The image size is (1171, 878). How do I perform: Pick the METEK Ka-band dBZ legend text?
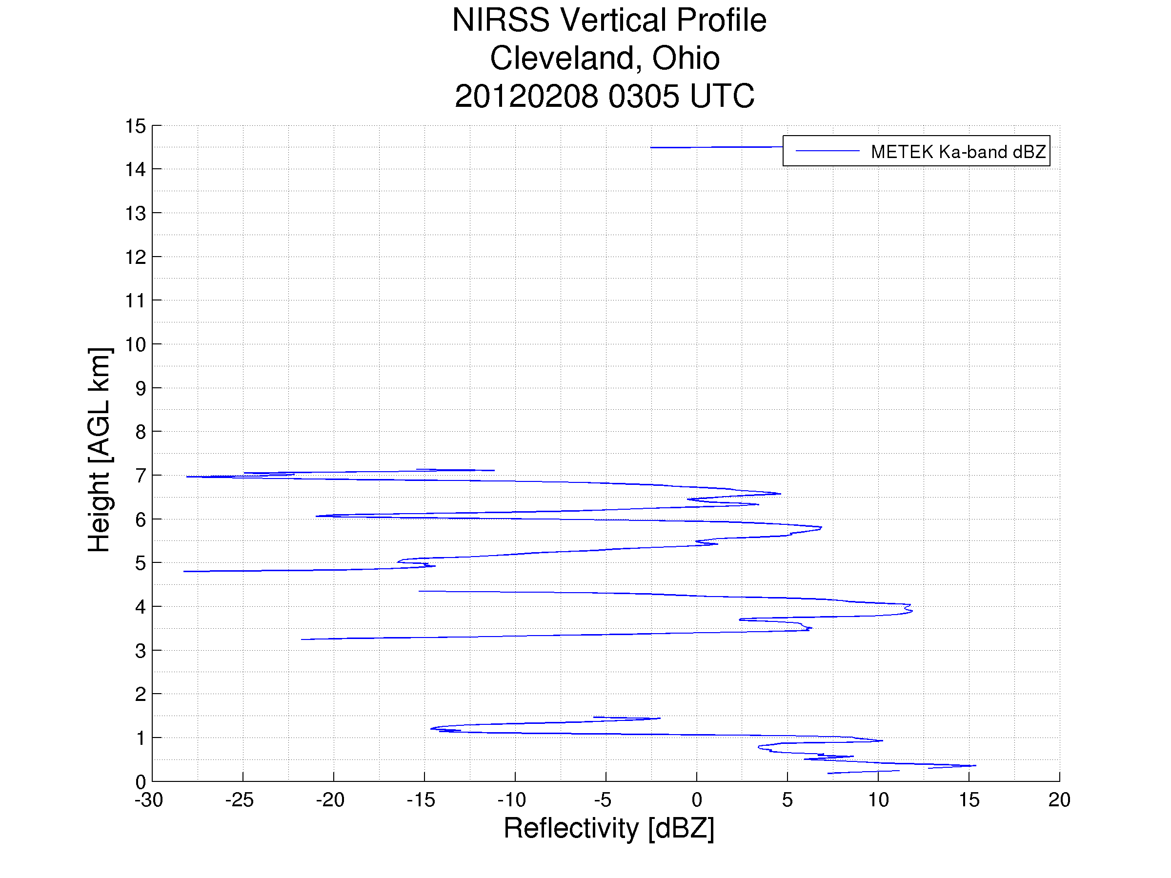958,152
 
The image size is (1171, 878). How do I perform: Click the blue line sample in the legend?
827,151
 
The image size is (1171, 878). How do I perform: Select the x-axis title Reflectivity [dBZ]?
609,828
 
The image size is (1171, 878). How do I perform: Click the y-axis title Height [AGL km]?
99,450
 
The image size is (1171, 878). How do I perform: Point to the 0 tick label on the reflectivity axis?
697,799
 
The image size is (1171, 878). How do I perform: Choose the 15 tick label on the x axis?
969,799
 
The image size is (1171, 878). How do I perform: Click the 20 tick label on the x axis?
1059,799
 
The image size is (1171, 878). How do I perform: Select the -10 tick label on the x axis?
511,799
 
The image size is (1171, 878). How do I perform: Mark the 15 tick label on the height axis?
135,126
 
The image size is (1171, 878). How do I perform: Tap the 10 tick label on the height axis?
135,344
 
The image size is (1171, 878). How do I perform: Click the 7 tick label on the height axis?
141,476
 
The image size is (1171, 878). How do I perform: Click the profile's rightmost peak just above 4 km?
911,611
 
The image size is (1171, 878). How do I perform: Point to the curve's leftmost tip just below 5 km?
185,572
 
